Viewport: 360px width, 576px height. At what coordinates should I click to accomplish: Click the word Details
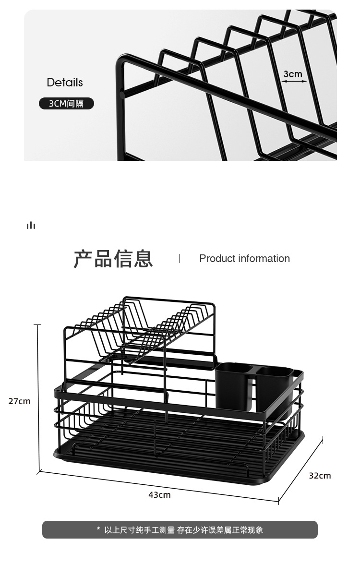[65, 83]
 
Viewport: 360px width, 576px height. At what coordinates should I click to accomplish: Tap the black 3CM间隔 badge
[66, 103]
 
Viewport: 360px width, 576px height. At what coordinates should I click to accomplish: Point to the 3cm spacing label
[293, 74]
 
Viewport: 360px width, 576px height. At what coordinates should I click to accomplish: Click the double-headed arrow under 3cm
[294, 82]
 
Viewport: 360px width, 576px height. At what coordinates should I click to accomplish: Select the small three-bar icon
[31, 225]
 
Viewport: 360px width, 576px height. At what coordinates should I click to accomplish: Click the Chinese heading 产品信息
[113, 259]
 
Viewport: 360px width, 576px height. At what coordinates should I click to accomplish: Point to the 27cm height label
[19, 401]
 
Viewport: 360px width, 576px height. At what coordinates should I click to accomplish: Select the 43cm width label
[159, 495]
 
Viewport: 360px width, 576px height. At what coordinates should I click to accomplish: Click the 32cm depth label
[320, 476]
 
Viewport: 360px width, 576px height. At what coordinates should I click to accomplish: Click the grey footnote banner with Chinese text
[180, 530]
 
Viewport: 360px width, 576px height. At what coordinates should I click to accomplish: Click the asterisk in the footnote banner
[98, 530]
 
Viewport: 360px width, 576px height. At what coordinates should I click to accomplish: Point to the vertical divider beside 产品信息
[180, 259]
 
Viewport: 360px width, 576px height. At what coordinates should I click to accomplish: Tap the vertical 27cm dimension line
[38, 398]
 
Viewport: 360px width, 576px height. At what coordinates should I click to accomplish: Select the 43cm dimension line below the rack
[158, 486]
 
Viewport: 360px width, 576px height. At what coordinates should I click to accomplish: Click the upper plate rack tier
[144, 326]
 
